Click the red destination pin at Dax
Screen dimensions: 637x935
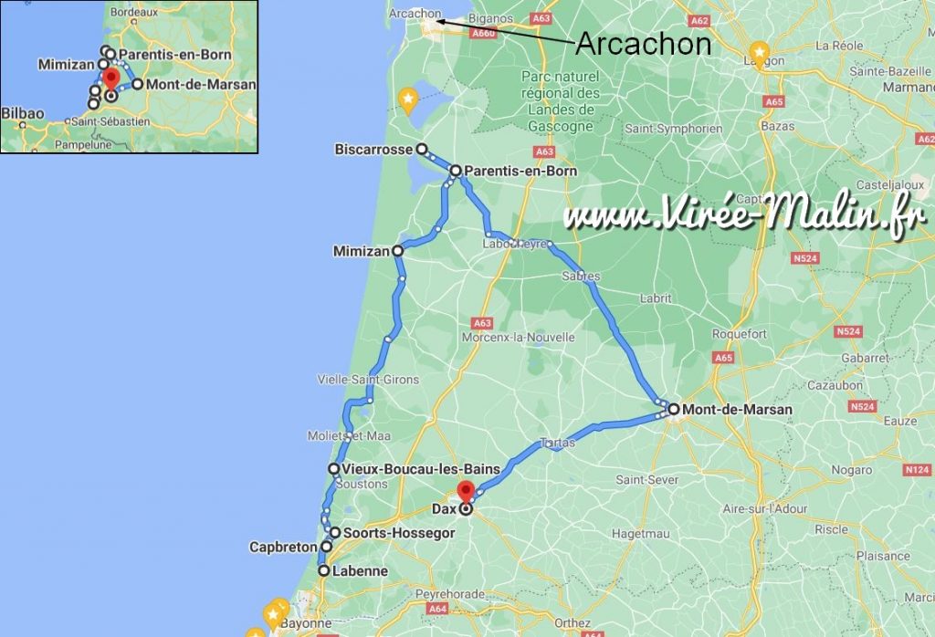tap(466, 489)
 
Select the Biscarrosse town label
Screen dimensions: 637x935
tap(373, 149)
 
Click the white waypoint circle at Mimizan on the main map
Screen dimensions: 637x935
tap(397, 250)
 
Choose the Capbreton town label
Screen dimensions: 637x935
tap(283, 548)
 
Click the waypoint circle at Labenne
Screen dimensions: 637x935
tap(323, 571)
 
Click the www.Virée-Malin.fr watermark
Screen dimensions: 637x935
tap(745, 216)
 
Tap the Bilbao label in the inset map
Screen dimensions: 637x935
tap(23, 113)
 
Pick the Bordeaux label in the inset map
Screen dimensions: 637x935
tap(137, 13)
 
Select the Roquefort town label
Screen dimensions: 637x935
tap(739, 335)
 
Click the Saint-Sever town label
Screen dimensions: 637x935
tap(646, 479)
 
